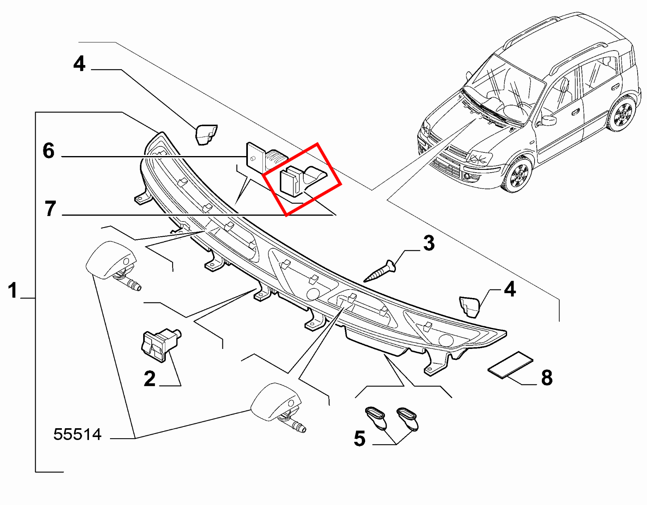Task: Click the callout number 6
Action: click(49, 151)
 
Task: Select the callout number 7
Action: click(50, 209)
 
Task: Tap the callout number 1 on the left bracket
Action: click(13, 291)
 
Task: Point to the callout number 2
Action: click(150, 379)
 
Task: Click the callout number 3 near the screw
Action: click(429, 243)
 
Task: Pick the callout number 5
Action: click(359, 439)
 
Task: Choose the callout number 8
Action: click(547, 378)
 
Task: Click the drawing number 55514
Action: click(77, 435)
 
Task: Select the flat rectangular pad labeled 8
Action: click(510, 365)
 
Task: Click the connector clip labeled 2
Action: click(159, 344)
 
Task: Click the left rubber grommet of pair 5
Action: click(377, 418)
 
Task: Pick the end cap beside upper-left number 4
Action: click(206, 135)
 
